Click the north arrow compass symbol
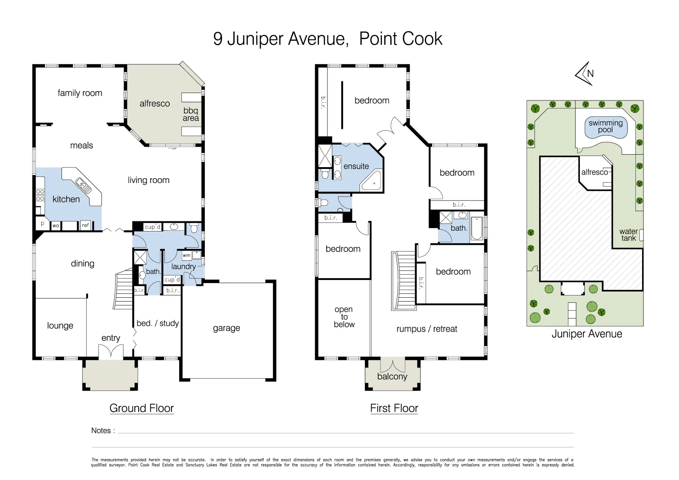(585, 74)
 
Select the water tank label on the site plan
(628, 235)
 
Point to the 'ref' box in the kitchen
(85, 225)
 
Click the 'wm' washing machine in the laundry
(187, 256)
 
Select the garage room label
(226, 328)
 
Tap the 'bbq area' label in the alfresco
(191, 114)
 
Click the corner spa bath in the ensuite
(371, 181)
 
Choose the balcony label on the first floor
(392, 376)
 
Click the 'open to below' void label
(344, 317)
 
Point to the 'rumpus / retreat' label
(427, 329)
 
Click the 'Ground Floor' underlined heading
(141, 408)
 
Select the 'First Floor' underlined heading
(394, 408)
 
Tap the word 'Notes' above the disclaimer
(101, 430)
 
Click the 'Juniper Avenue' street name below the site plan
(587, 334)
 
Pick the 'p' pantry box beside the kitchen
(42, 224)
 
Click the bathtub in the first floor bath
(476, 228)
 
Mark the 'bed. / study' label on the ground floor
(157, 323)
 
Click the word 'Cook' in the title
(424, 39)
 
